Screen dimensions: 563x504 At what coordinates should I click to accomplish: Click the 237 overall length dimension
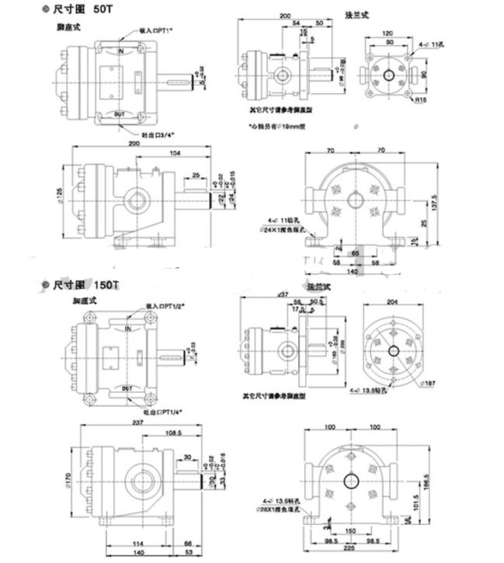136,423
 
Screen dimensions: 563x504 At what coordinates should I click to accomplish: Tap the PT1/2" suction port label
162,308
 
